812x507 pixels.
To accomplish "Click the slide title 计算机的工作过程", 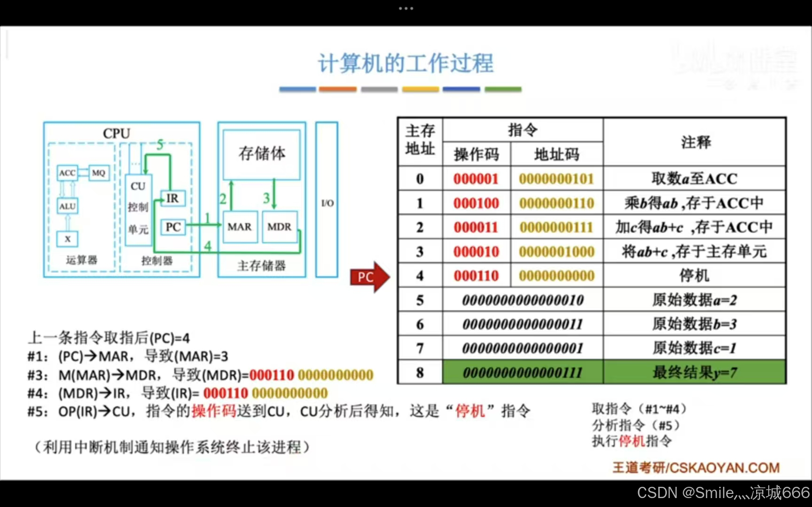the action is tap(406, 63).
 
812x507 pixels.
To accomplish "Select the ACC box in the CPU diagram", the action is tap(67, 173).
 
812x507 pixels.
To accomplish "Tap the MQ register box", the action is tap(99, 173).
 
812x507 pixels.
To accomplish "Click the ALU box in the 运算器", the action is tap(67, 206).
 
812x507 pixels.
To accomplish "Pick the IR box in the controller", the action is tap(172, 199).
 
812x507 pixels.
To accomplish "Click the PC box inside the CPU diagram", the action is tap(173, 227).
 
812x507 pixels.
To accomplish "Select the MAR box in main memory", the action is tap(240, 227).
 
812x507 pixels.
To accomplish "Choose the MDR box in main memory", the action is tap(280, 227).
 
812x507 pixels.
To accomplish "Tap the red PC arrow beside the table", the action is tap(369, 277).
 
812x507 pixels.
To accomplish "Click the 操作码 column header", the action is tap(476, 154).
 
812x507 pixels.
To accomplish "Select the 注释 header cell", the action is tap(695, 142).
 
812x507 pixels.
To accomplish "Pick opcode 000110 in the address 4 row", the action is tap(476, 276).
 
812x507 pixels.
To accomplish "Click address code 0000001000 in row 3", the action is tap(557, 252).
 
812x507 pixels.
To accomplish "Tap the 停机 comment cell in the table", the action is tap(694, 276).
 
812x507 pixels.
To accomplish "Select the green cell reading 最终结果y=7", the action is tap(694, 373).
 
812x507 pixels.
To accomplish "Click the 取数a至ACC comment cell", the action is tap(694, 179).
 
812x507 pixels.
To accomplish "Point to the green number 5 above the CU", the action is tap(160, 145).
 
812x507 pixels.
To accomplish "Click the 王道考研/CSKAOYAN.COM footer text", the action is tap(696, 468).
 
